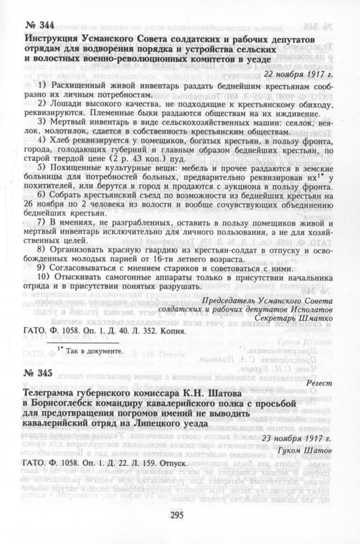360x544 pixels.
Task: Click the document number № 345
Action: [x=39, y=373]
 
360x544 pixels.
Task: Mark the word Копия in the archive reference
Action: [x=176, y=331]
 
